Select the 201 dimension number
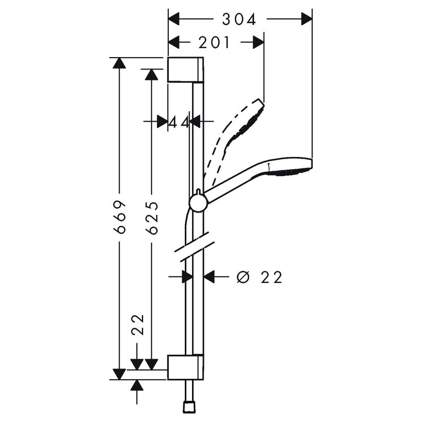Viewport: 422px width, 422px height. pyautogui.click(x=214, y=43)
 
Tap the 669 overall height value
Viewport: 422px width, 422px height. pyautogui.click(x=119, y=217)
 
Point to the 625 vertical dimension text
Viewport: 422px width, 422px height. pyautogui.click(x=152, y=217)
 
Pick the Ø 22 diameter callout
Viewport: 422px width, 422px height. pyautogui.click(x=259, y=277)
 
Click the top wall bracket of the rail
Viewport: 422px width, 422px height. pyautogui.click(x=185, y=70)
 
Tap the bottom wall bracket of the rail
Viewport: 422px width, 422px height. pyautogui.click(x=185, y=367)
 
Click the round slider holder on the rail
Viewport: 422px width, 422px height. pyautogui.click(x=198, y=203)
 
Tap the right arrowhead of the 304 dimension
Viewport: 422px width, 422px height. pyautogui.click(x=306, y=19)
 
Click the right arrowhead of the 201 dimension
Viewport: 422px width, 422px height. pyautogui.click(x=258, y=43)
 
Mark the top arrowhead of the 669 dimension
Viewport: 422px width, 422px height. pyautogui.click(x=119, y=64)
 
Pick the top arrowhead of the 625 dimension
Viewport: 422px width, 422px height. pyautogui.click(x=152, y=74)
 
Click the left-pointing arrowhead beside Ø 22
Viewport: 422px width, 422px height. pyautogui.click(x=210, y=277)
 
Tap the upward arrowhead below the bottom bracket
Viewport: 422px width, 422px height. pyautogui.click(x=138, y=386)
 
